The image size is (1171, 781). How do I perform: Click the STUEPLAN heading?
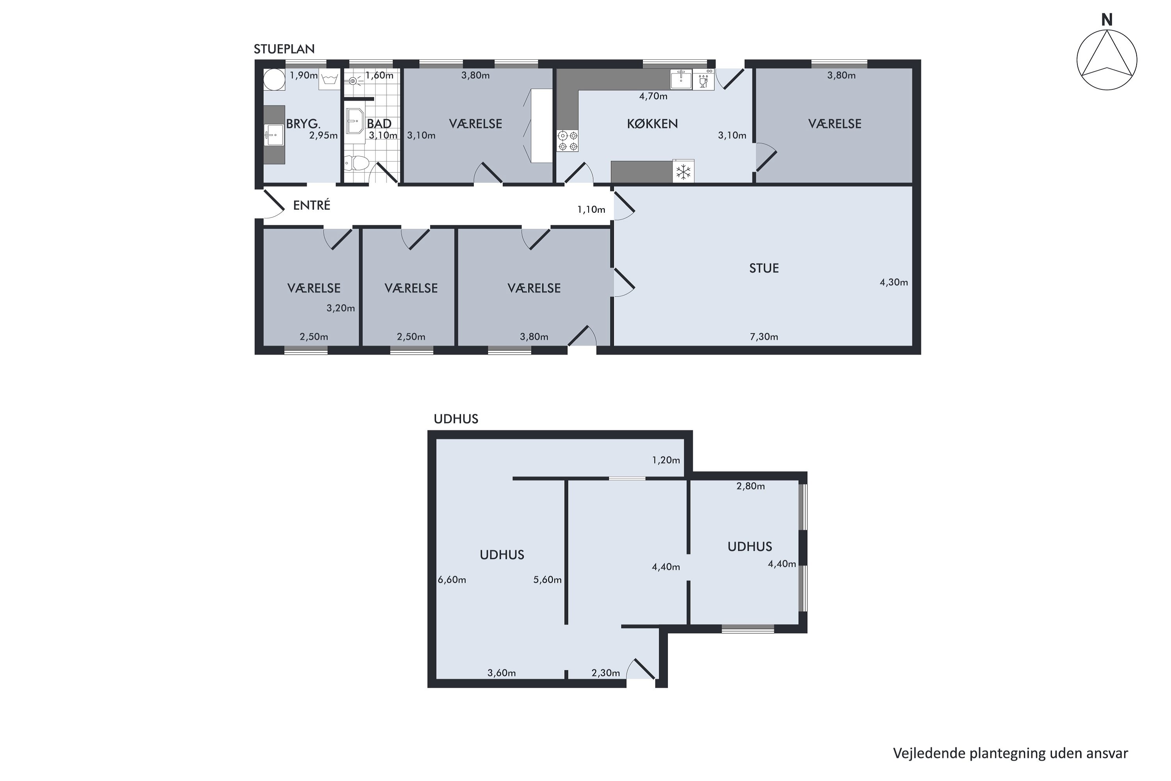[284, 49]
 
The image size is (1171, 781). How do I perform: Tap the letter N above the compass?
[1106, 20]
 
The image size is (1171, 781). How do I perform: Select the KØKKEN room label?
[652, 123]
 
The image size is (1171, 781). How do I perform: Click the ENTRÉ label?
[311, 205]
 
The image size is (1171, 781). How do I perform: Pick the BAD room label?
[379, 123]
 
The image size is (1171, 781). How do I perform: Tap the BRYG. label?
[303, 123]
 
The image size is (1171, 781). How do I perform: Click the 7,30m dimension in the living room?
[764, 337]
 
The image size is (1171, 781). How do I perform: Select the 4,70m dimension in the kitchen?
[653, 96]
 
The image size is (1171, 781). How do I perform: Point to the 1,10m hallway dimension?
[591, 210]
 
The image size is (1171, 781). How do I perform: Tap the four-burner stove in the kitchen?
[567, 141]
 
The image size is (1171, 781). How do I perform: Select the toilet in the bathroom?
[356, 163]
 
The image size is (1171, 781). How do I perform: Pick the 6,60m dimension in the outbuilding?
[452, 580]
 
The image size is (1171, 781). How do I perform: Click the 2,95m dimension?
[323, 136]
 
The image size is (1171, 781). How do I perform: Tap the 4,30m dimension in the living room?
[894, 282]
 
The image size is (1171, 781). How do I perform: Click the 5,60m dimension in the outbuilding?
[547, 580]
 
